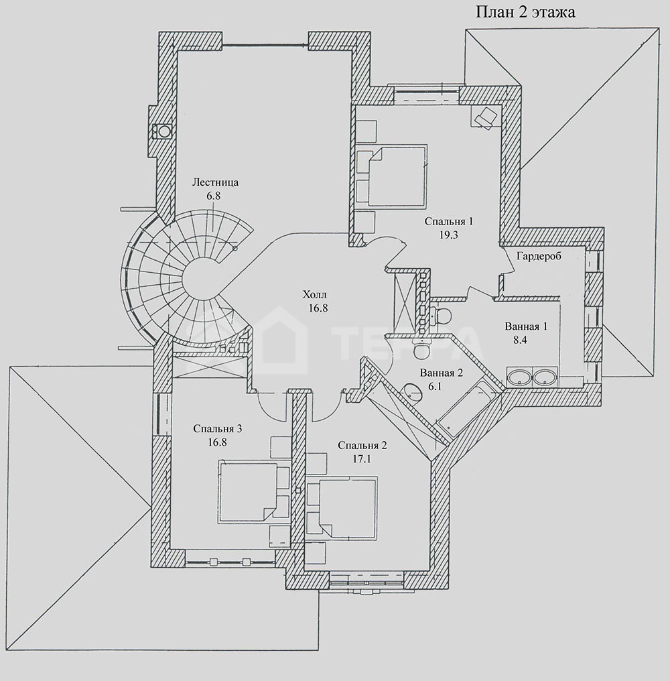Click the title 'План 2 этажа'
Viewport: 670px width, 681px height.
[525, 11]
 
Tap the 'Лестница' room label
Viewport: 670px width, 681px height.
[215, 182]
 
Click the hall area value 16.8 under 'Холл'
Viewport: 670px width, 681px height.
[318, 308]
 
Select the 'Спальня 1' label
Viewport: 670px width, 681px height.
[448, 221]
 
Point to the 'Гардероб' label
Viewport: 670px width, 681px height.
[539, 256]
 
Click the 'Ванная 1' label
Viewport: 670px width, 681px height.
[526, 326]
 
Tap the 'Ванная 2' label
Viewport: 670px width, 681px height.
[442, 373]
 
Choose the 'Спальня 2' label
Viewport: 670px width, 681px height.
[362, 445]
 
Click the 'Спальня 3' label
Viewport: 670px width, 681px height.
[218, 429]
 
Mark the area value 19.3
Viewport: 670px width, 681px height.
[448, 235]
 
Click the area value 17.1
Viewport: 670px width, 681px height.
[362, 458]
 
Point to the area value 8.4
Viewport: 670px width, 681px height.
[520, 340]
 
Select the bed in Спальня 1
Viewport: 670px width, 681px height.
[397, 176]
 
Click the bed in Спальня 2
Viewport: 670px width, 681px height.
[348, 507]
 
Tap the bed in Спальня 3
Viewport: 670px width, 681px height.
[247, 493]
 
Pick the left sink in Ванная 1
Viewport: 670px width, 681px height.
[519, 376]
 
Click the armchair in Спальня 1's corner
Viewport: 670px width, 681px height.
[484, 117]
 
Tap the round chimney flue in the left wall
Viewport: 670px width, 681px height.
[163, 131]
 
